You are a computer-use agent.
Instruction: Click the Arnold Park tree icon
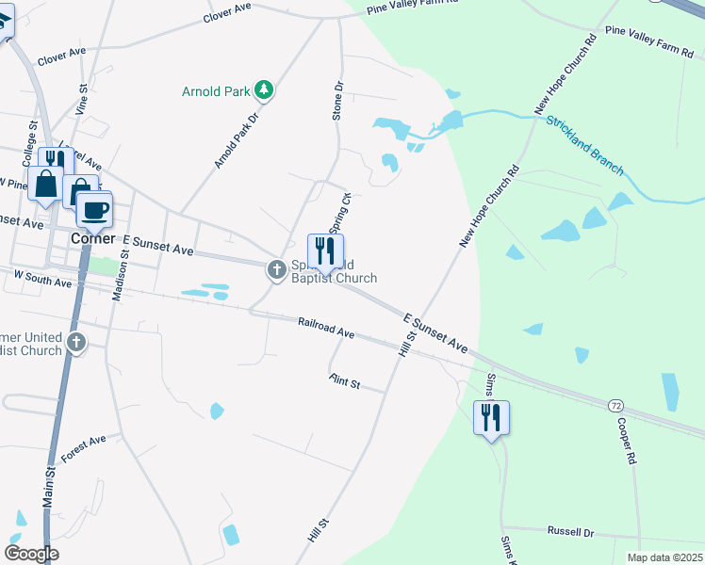pyautogui.click(x=266, y=90)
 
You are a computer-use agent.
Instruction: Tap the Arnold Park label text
pyautogui.click(x=217, y=91)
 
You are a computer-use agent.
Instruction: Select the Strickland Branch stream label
pyautogui.click(x=584, y=145)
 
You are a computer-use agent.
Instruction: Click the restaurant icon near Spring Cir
pyautogui.click(x=325, y=251)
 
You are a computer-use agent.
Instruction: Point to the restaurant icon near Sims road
pyautogui.click(x=491, y=417)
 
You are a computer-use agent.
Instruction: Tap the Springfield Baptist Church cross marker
pyautogui.click(x=277, y=270)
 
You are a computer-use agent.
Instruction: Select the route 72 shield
pyautogui.click(x=615, y=405)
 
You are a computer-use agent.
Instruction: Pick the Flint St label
pyautogui.click(x=345, y=381)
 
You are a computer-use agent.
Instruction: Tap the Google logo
pyautogui.click(x=31, y=553)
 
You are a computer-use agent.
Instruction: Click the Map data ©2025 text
pyautogui.click(x=664, y=557)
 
